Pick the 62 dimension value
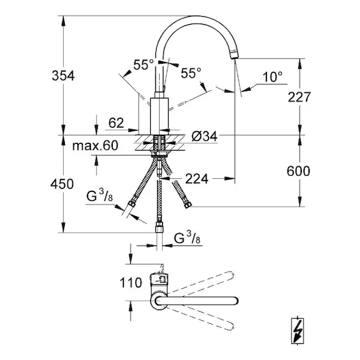tap(117, 123)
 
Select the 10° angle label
tap(271, 76)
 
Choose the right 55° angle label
tap(190, 73)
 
